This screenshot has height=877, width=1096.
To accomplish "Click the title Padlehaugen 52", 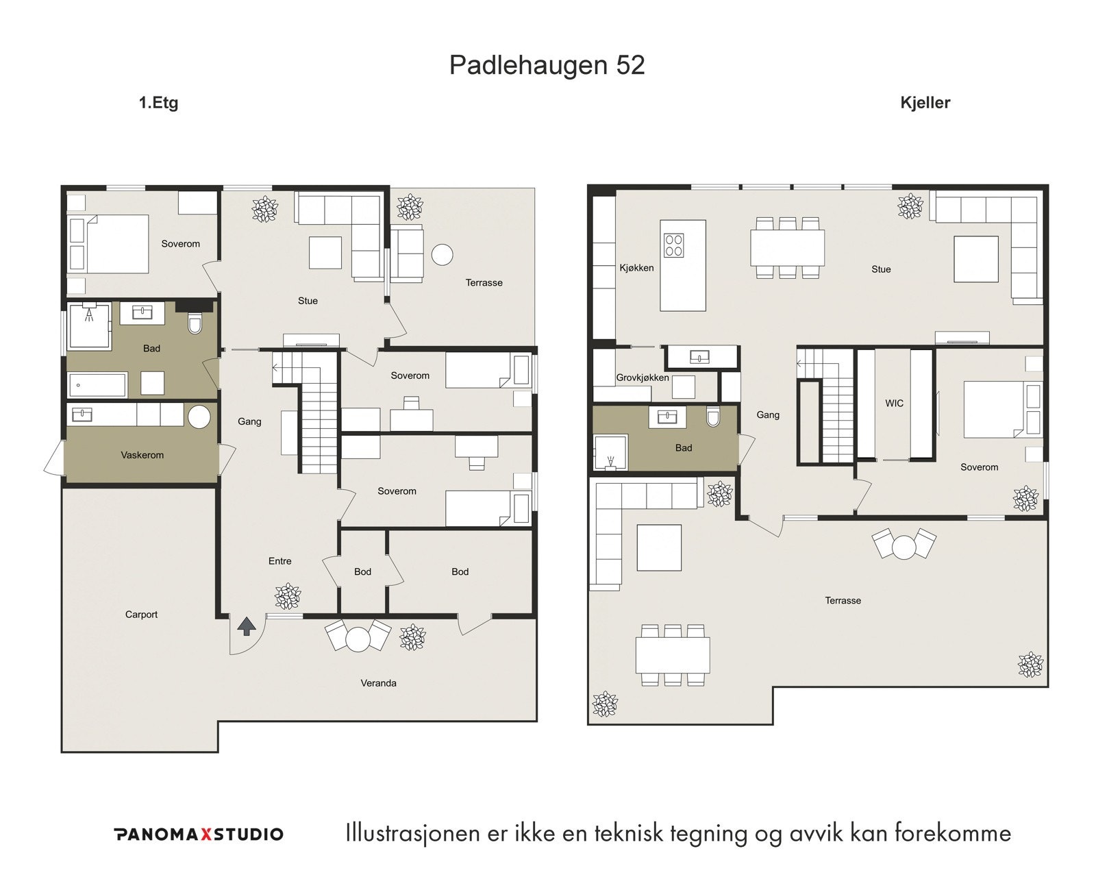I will tap(547, 65).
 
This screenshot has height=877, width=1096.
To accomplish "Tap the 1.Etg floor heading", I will tap(158, 103).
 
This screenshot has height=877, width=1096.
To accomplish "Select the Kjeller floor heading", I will tap(925, 103).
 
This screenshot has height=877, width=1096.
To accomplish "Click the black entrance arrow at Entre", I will tap(247, 626).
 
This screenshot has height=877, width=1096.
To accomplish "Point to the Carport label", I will tap(141, 615).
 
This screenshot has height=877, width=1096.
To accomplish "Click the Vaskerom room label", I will tap(142, 455).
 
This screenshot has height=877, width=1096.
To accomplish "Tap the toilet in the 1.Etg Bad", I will tap(195, 323).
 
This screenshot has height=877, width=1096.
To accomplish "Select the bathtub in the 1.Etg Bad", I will tap(97, 385).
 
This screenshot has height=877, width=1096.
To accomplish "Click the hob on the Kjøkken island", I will tap(673, 245).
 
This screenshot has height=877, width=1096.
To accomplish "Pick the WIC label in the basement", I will tap(894, 404).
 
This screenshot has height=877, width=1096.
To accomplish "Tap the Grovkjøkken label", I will tap(642, 378).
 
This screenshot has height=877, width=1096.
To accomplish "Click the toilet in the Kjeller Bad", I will tap(713, 417).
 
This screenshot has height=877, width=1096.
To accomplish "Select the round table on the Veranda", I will tap(358, 639).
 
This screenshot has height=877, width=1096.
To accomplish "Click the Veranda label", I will tap(378, 683).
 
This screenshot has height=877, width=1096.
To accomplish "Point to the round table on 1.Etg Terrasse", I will tap(443, 255).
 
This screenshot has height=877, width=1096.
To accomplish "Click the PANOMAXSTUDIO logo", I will tap(198, 834).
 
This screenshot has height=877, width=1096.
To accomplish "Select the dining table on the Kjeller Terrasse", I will tap(672, 656).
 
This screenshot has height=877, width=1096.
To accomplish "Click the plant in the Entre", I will tap(288, 596).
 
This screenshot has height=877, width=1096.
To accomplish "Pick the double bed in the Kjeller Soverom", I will tap(993, 410).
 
